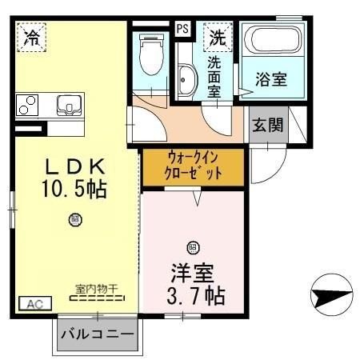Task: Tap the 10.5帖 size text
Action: [x=74, y=190]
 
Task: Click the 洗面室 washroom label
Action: [x=215, y=76]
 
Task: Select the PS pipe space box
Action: [x=183, y=28]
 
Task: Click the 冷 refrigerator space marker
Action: [x=32, y=36]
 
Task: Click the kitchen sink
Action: [x=67, y=104]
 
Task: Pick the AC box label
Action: [x=34, y=304]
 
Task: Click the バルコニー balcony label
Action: [x=97, y=333]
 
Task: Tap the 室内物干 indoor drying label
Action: [x=97, y=289]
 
